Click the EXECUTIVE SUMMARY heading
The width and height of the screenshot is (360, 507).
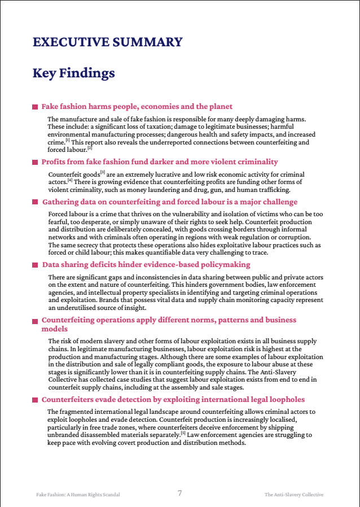pos(107,42)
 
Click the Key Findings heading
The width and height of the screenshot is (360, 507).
pos(73,73)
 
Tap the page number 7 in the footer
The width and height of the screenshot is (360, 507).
pos(180,493)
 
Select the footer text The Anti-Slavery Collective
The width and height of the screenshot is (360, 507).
pos(294,495)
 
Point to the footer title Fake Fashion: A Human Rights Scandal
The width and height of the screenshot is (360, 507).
pos(78,495)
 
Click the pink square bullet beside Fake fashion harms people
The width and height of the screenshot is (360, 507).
pos(35,107)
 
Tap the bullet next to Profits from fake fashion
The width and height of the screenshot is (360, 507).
pos(35,162)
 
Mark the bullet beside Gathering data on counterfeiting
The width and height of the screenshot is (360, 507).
pos(35,202)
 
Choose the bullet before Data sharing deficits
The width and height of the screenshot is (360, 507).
pos(35,265)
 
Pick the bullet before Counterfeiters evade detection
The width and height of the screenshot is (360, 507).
pos(35,400)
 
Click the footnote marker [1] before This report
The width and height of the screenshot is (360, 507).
pos(67,141)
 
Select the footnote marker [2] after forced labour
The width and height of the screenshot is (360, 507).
pos(89,148)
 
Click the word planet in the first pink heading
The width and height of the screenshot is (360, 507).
pos(220,107)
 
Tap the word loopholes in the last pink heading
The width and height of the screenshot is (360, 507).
pos(283,400)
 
